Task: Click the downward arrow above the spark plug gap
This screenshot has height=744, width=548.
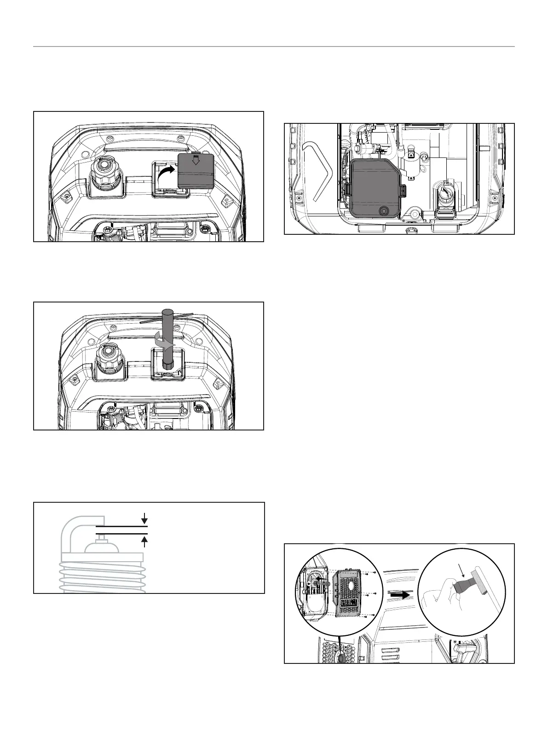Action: click(x=145, y=519)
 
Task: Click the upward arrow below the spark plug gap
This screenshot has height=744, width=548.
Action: click(x=145, y=540)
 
